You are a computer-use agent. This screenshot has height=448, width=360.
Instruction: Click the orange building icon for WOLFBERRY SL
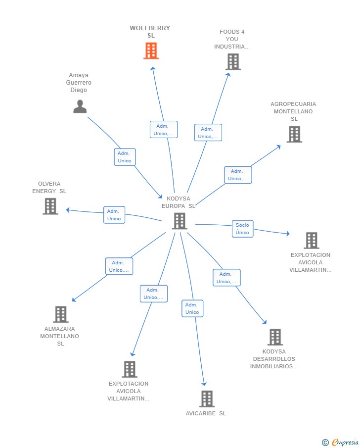point(151,51)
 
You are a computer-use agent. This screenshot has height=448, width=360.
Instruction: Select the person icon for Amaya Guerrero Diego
point(80,106)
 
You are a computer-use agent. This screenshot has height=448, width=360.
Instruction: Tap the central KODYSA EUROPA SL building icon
point(180,221)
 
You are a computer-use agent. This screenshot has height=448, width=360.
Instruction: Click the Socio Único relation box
point(242,229)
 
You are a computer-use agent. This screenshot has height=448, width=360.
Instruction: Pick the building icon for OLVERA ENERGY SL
point(50,206)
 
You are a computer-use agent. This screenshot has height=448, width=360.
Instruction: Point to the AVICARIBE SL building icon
point(207,399)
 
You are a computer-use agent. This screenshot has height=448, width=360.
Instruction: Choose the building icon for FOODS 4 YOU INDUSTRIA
point(233,62)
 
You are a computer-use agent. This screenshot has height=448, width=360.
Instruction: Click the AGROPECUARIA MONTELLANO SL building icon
point(294,134)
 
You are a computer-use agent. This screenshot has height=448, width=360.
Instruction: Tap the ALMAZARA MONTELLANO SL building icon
point(61,314)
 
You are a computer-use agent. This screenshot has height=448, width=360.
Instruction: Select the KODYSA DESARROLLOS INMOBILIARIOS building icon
point(275,337)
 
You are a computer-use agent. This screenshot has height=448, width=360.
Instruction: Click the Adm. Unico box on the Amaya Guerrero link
point(125,157)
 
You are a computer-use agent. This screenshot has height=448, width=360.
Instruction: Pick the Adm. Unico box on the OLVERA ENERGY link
point(114,215)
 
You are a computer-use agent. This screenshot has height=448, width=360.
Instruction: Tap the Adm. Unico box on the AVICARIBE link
point(192,308)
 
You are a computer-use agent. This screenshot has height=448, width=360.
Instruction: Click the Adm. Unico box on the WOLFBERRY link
point(164,129)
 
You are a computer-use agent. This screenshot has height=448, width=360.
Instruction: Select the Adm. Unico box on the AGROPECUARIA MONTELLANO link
point(238,175)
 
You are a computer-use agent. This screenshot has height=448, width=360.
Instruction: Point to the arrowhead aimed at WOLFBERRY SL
point(153,69)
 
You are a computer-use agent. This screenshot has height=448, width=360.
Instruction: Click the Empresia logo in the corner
point(340,442)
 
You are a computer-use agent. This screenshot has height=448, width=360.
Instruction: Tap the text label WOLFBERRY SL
point(150,32)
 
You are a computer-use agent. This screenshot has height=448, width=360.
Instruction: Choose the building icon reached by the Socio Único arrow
point(312,241)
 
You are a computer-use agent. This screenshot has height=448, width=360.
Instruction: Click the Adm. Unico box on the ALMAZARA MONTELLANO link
point(119,266)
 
